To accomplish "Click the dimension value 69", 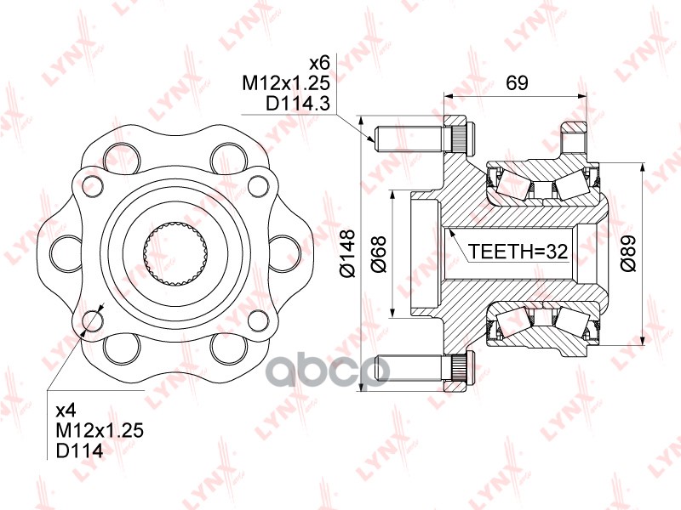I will [517, 83].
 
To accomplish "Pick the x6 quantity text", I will [318, 62].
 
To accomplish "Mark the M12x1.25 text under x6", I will [285, 83].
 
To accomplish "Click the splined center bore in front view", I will [175, 252].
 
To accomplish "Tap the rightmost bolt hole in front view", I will [283, 252].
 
